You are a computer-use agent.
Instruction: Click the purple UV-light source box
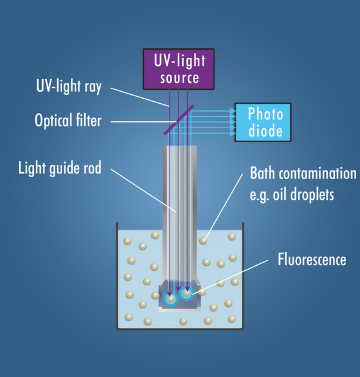point(178,69)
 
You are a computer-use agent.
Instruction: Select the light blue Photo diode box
point(263,123)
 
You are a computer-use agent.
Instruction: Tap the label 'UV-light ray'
point(69,86)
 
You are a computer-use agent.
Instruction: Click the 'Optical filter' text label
point(68,121)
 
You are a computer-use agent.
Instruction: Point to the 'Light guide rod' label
point(60,168)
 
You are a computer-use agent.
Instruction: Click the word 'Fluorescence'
point(312,260)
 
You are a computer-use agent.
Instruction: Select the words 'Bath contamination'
point(303,173)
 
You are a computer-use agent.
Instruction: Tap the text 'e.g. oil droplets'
point(292,195)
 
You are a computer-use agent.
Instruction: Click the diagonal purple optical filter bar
point(178,120)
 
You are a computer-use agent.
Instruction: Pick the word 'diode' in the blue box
point(265,131)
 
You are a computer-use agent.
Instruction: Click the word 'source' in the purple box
point(180,78)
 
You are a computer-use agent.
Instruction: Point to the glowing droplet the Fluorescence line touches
point(187,293)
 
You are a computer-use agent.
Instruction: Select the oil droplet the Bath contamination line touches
point(203,241)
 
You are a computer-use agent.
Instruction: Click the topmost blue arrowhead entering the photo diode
point(233,111)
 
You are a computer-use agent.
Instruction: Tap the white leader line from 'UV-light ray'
point(140,97)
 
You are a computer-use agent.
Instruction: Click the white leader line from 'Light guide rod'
point(144,190)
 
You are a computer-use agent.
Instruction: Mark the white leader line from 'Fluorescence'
point(230,277)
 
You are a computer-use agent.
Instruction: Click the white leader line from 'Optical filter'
point(144,122)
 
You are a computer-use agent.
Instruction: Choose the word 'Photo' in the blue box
point(265,114)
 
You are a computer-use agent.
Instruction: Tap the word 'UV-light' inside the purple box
point(180,60)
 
